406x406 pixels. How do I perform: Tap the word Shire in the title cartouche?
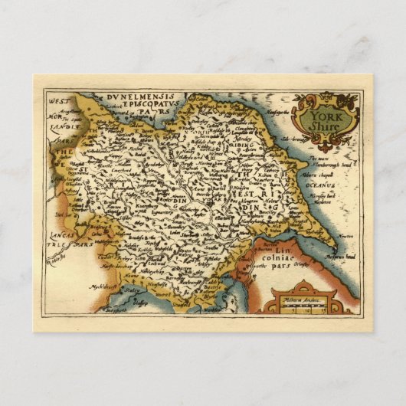tap(327, 129)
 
